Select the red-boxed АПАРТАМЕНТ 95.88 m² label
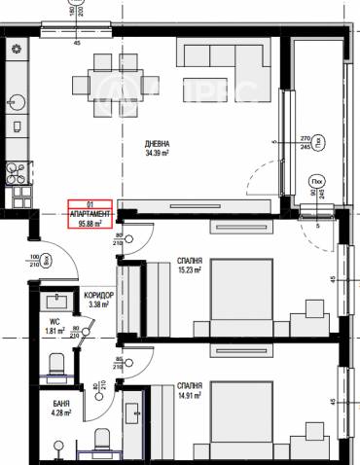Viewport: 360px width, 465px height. (90, 212)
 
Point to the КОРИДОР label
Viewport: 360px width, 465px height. (99, 295)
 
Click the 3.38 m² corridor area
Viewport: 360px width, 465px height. (99, 304)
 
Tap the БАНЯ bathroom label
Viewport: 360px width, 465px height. (60, 401)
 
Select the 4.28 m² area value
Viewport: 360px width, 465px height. (60, 411)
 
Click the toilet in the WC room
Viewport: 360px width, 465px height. (57, 362)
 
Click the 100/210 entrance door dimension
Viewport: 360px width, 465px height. (34, 260)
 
